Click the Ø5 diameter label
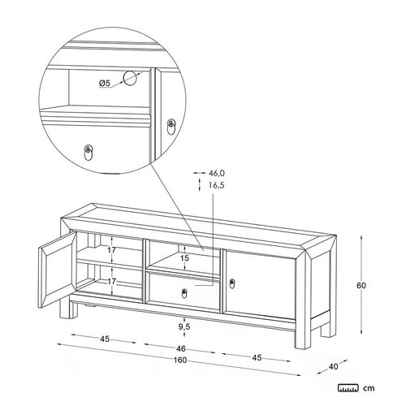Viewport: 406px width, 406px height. tap(104, 84)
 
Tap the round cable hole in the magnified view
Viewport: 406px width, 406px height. tap(129, 78)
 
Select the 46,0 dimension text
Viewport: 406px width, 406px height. tap(217, 172)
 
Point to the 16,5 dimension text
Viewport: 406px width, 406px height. tap(216, 185)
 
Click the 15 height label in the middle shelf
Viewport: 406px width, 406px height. tap(184, 258)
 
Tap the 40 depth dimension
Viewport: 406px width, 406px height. tap(333, 365)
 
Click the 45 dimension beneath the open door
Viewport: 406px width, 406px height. tap(105, 338)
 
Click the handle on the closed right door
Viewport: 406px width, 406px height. tap(232, 283)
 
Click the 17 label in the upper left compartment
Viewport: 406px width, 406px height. tap(113, 251)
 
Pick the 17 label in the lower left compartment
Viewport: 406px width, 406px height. tap(113, 283)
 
